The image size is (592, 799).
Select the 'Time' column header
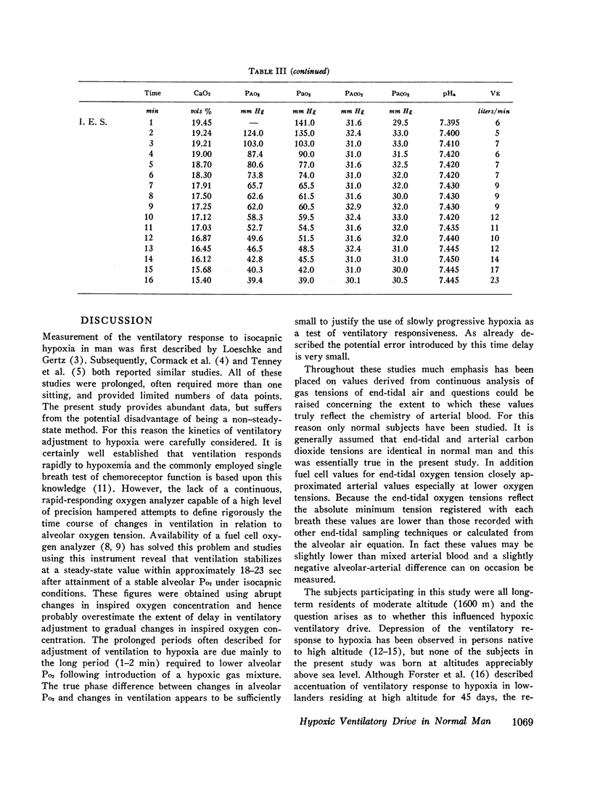click(152, 93)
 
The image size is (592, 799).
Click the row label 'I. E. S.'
click(97, 123)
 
